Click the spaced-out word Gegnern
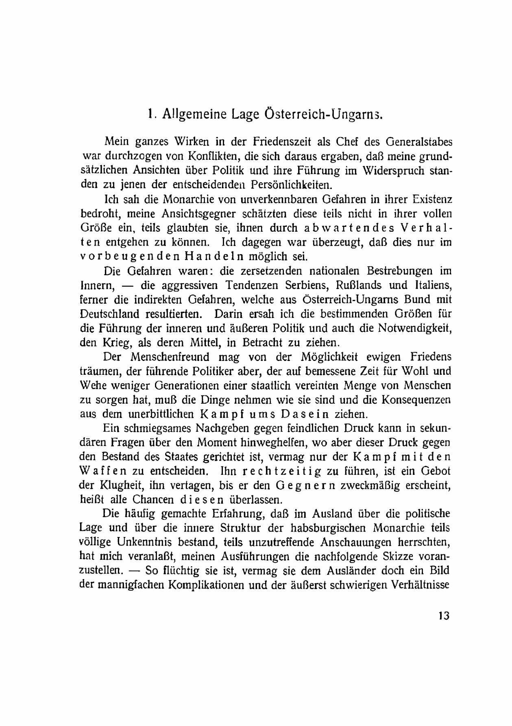tap(305, 486)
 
